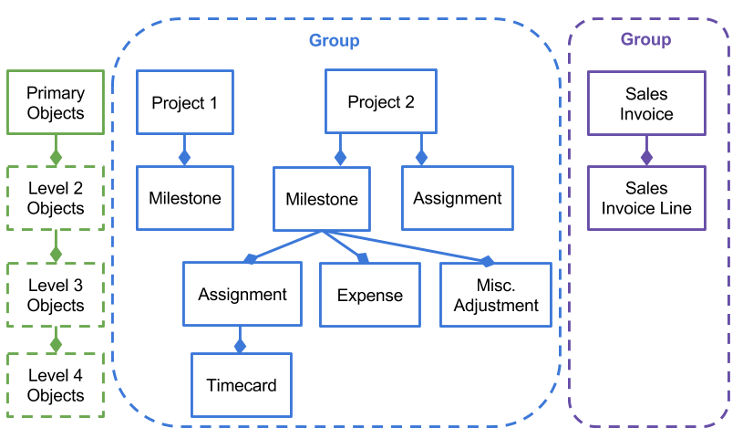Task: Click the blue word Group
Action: point(334,40)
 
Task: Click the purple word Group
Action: point(645,39)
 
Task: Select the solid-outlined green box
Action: point(56,101)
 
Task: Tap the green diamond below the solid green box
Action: point(56,157)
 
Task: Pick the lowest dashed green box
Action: point(56,384)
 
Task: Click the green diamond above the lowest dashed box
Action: point(56,344)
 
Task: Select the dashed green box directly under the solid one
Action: point(56,197)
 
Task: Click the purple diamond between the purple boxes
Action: point(646,157)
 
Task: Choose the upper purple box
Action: point(646,102)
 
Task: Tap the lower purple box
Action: point(646,197)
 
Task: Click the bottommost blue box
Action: point(241,384)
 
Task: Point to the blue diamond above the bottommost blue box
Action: point(240,346)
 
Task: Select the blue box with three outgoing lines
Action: point(322,198)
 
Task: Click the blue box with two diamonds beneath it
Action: point(380,100)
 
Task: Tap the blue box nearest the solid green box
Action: point(184,101)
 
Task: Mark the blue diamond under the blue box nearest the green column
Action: point(184,157)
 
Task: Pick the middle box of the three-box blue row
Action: point(369,294)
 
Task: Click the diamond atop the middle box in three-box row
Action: point(363,258)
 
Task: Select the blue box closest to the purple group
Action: point(495,294)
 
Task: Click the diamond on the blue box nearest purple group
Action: point(487,262)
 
